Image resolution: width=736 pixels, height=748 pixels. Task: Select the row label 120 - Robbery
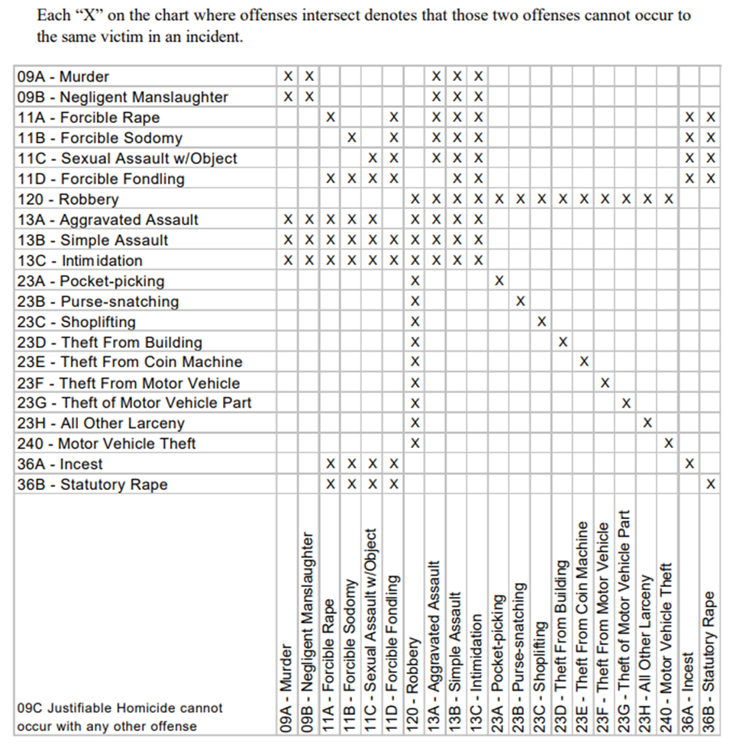coord(67,199)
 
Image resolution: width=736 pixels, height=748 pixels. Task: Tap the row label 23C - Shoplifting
coord(76,322)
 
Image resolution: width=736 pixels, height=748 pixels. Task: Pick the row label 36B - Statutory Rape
coord(92,485)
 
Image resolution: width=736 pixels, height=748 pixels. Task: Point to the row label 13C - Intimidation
coord(79,260)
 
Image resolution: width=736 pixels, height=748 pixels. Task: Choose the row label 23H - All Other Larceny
coord(100,424)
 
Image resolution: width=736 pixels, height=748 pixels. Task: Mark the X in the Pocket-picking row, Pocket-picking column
coord(499,281)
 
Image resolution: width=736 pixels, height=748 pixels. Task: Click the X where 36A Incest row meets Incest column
coord(689,463)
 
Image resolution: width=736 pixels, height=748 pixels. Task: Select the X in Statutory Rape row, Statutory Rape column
coord(710,485)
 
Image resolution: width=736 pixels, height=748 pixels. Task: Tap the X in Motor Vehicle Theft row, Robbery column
coord(415,443)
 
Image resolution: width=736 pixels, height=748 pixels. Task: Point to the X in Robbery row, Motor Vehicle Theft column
coord(668,199)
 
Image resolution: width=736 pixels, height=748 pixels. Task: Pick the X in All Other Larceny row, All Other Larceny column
coord(647,423)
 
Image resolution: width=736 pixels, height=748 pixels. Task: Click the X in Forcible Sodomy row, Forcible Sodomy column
coord(351,138)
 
